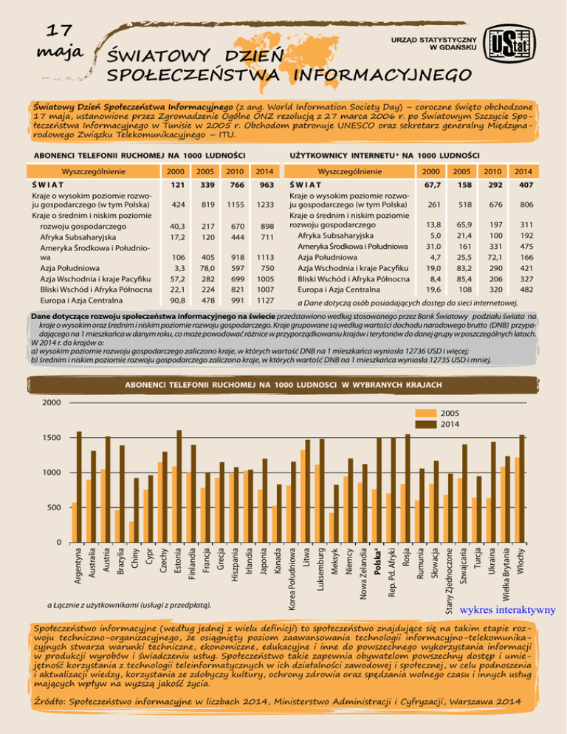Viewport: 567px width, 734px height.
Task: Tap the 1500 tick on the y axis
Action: coord(51,439)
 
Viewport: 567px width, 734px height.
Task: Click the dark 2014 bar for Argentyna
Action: coord(80,487)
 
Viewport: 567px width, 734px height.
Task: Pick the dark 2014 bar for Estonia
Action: coord(179,487)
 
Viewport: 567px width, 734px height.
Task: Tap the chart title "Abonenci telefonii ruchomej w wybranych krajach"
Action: coord(283,385)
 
